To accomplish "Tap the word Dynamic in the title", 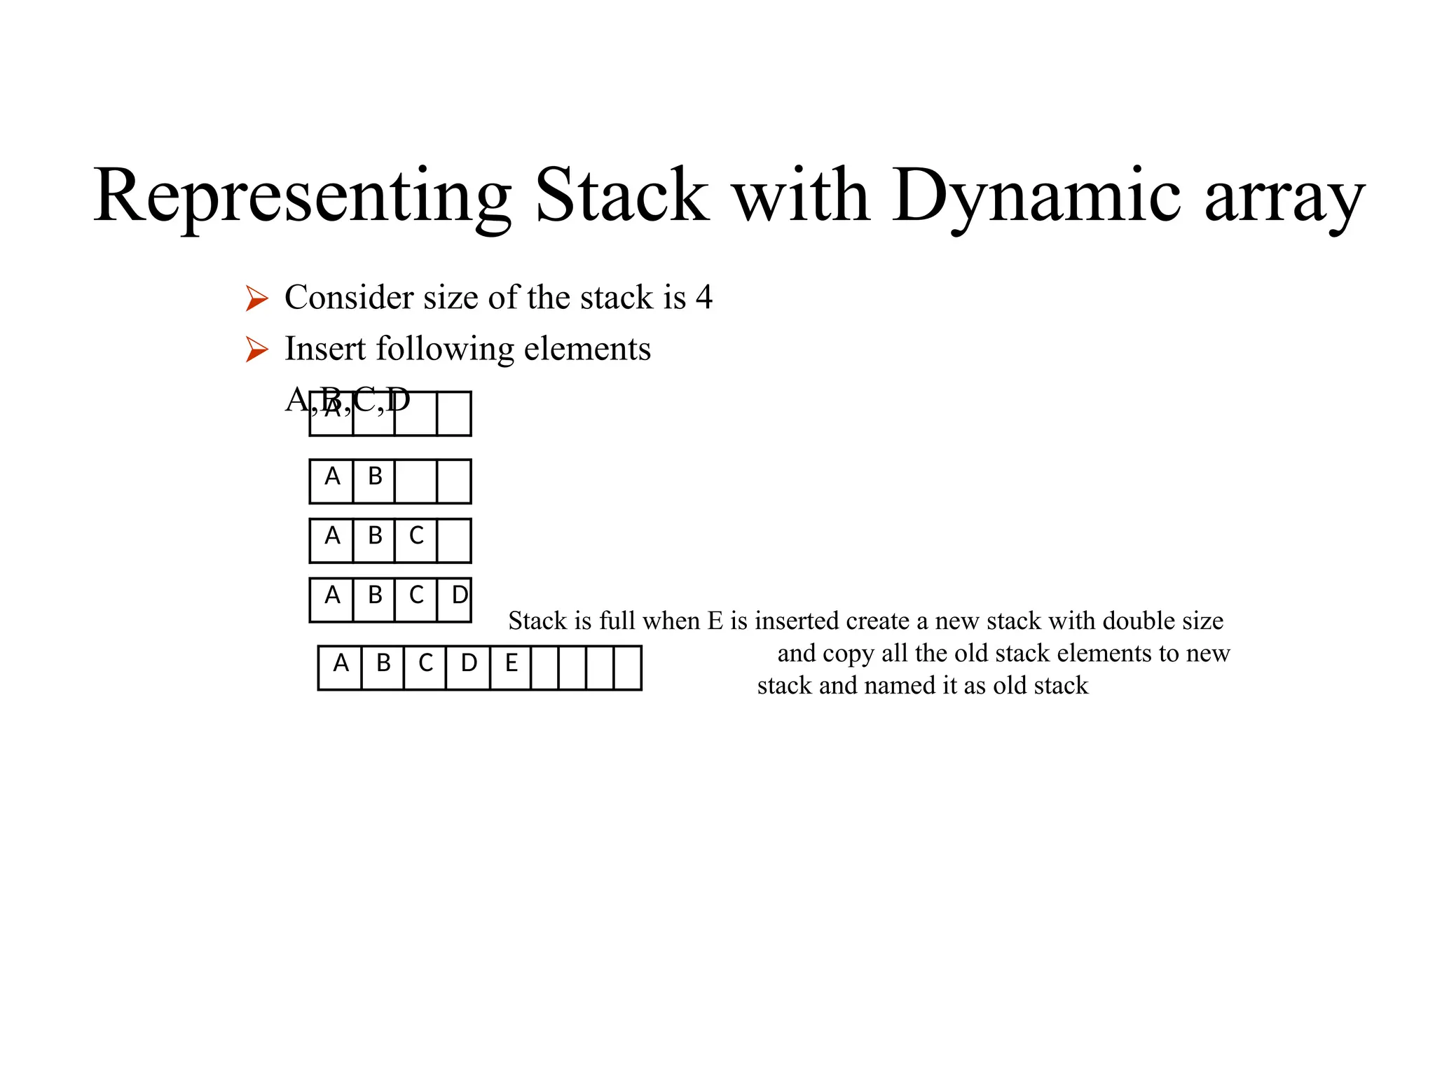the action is pyautogui.click(x=1036, y=196).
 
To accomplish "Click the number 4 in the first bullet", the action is pyautogui.click(x=703, y=298).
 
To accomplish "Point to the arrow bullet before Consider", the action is pyautogui.click(x=256, y=299).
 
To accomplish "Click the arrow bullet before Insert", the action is pyautogui.click(x=256, y=350).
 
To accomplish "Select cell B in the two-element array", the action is pyautogui.click(x=374, y=481).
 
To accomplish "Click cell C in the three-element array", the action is pyautogui.click(x=416, y=540).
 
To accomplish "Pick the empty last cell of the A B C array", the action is pyautogui.click(x=453, y=540).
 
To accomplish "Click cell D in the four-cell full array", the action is pyautogui.click(x=454, y=600).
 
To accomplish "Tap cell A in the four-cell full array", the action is pyautogui.click(x=332, y=600).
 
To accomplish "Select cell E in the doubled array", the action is pyautogui.click(x=511, y=668).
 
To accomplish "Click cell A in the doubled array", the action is pyautogui.click(x=341, y=668).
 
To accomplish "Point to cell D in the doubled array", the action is pyautogui.click(x=468, y=668).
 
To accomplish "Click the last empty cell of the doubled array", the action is pyautogui.click(x=627, y=668).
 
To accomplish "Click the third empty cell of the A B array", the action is pyautogui.click(x=416, y=481).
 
